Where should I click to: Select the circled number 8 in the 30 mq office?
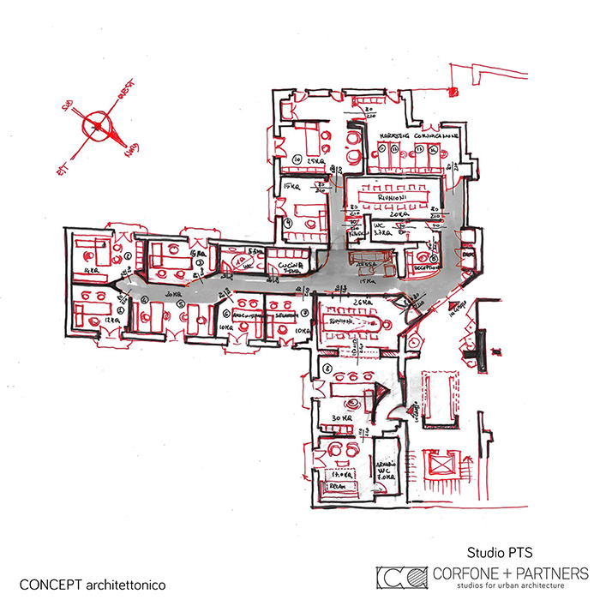(327, 368)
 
